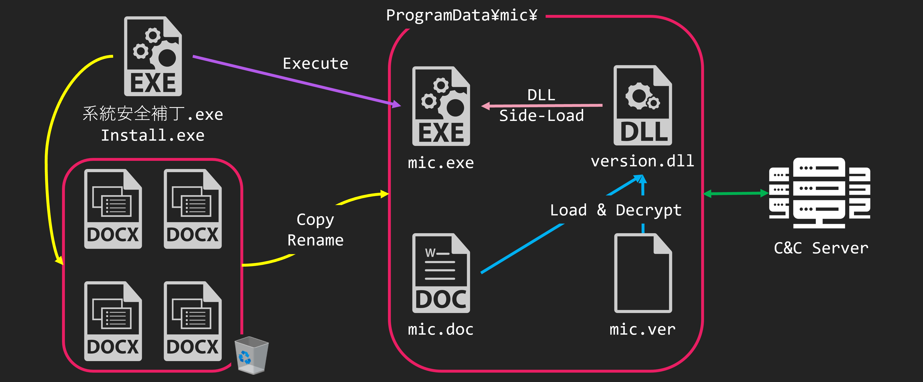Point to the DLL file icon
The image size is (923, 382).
(x=642, y=105)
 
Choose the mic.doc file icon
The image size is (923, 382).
(x=441, y=273)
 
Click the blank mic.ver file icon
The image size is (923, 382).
(x=643, y=273)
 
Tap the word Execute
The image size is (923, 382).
(x=315, y=64)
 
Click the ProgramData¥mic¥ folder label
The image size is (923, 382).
(x=461, y=15)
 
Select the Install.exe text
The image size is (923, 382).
(x=153, y=135)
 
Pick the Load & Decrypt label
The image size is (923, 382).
(x=616, y=210)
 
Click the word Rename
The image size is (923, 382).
(x=315, y=240)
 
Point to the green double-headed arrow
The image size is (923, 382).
(x=736, y=194)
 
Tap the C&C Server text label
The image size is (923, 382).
(x=821, y=248)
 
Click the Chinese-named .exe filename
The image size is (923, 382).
(x=153, y=114)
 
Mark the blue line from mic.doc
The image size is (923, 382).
(x=521, y=249)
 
